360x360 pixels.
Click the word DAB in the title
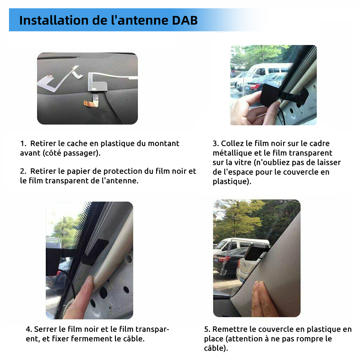click(x=185, y=20)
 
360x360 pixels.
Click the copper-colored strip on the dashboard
click(x=91, y=103)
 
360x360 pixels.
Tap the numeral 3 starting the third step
click(x=215, y=144)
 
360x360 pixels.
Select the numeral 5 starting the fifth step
click(x=207, y=329)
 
